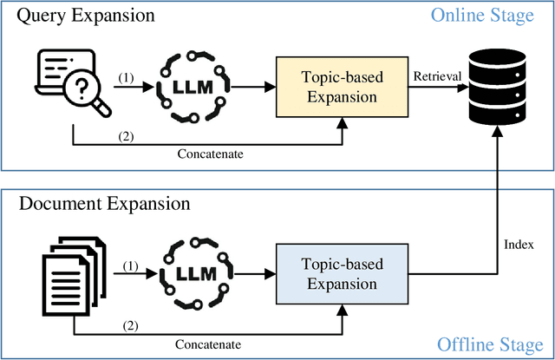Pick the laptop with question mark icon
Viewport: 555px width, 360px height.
tap(65, 85)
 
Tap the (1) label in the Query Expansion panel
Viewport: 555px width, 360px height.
tap(127, 76)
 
